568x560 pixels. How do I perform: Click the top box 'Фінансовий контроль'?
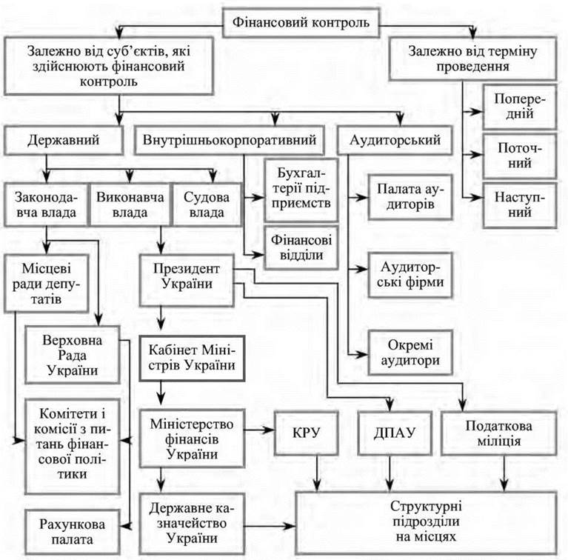tap(301, 21)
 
